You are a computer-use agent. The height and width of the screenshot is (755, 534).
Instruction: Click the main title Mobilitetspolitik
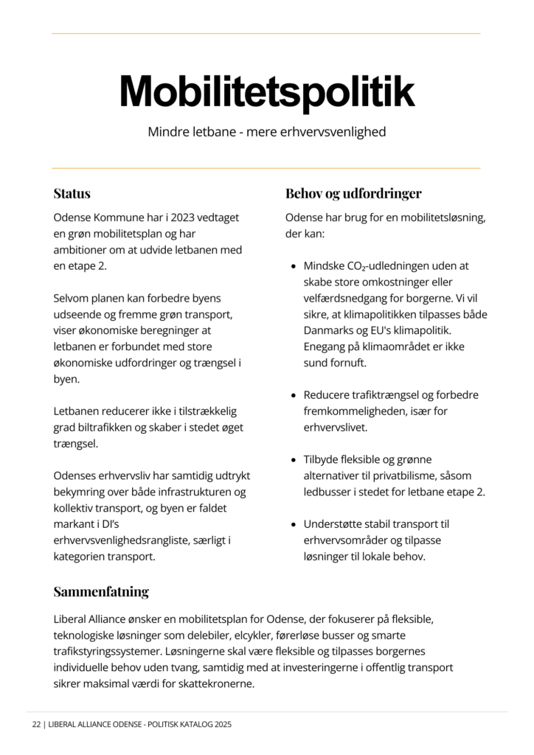pyautogui.click(x=266, y=92)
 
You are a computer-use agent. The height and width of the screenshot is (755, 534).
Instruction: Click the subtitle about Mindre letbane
pyautogui.click(x=266, y=133)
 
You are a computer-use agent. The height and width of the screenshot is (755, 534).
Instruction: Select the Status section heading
pyautogui.click(x=72, y=194)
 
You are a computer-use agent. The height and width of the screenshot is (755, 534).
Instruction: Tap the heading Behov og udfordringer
pyautogui.click(x=353, y=194)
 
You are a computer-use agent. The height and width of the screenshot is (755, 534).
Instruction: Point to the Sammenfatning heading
pyautogui.click(x=101, y=591)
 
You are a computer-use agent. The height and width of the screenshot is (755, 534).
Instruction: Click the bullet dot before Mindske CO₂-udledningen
pyautogui.click(x=294, y=266)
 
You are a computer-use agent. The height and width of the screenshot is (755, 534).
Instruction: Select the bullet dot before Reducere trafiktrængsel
pyautogui.click(x=294, y=395)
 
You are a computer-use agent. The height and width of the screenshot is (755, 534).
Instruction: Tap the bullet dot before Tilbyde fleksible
pyautogui.click(x=294, y=460)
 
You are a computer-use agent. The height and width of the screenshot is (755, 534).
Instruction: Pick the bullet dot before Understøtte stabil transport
pyautogui.click(x=294, y=524)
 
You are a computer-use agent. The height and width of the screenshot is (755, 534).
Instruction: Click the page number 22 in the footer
pyautogui.click(x=35, y=725)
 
